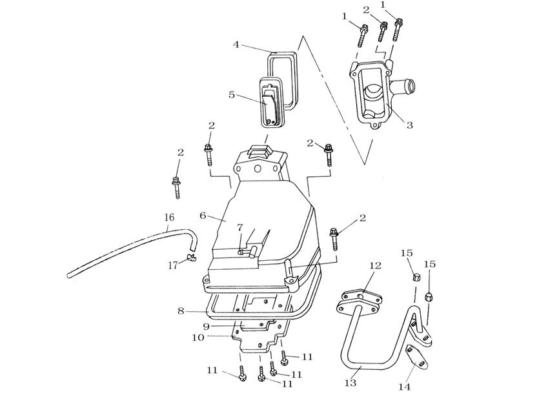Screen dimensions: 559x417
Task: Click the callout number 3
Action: (410, 125)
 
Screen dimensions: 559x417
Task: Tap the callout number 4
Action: (236, 45)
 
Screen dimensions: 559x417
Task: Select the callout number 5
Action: (232, 95)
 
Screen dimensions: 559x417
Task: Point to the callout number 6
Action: (203, 216)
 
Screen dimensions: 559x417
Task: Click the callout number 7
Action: (239, 227)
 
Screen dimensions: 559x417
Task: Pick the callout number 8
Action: (181, 310)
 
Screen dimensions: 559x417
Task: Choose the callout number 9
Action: (207, 326)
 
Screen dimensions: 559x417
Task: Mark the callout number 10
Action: (198, 337)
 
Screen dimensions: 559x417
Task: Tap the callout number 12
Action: (375, 265)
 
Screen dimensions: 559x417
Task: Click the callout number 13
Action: (351, 383)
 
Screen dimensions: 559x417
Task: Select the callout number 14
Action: (404, 387)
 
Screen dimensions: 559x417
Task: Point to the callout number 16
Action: (169, 217)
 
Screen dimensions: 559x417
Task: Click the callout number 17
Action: (173, 265)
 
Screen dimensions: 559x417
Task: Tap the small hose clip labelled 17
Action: (192, 258)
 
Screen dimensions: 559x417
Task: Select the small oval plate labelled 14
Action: (418, 356)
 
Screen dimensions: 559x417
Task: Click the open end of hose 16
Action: (69, 276)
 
